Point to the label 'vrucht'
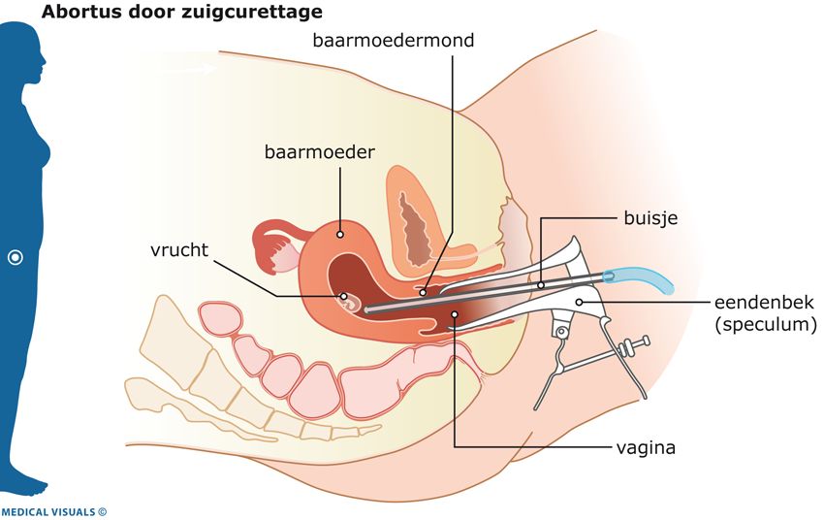coord(181,248)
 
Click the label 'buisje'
coord(650,218)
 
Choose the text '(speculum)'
coord(766,325)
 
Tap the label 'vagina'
coord(645,448)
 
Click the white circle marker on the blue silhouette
coord(16,258)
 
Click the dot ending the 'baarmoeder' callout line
coord(340,233)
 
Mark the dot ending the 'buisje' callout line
coord(541,284)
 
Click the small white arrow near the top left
coord(203,69)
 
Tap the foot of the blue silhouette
coord(29,484)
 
